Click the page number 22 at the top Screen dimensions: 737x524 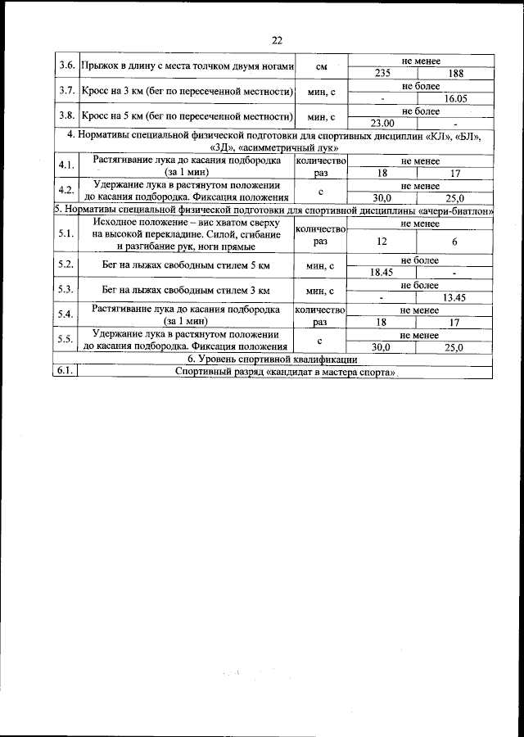point(277,40)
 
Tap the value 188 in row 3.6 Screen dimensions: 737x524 point(456,74)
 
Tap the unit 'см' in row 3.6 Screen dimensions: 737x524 point(321,66)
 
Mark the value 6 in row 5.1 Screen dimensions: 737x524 point(455,242)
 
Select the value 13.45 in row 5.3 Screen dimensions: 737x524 point(455,297)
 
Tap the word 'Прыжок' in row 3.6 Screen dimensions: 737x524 point(100,66)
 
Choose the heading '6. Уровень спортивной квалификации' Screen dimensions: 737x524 point(272,359)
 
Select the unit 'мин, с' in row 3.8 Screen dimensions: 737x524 point(321,116)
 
